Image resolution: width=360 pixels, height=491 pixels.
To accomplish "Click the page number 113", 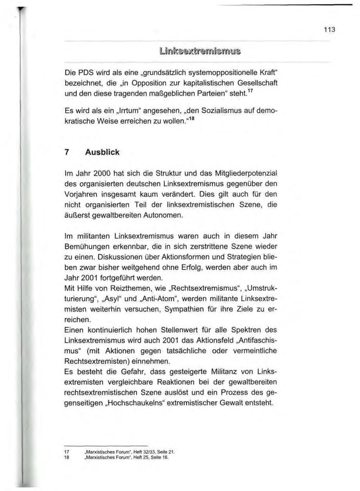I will pyautogui.click(x=330, y=30).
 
